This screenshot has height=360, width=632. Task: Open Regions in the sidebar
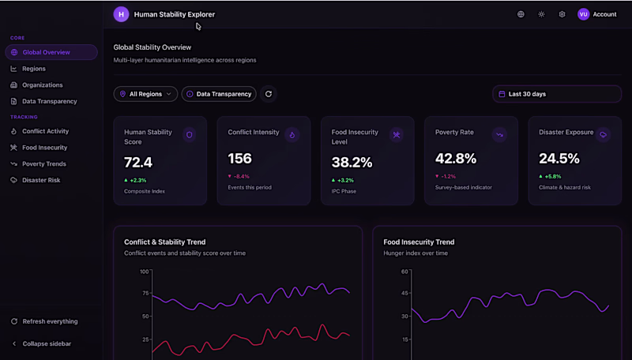[x=33, y=69]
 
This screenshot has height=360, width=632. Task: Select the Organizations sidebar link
[x=42, y=85]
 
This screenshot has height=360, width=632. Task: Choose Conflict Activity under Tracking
[x=45, y=131]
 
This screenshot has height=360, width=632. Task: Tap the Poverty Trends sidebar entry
[x=43, y=164]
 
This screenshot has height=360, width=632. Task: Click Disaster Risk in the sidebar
[x=41, y=180]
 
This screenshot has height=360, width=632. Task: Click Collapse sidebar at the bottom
[x=46, y=343]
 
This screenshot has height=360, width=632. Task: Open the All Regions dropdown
[x=145, y=94]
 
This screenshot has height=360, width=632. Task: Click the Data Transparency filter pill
[x=219, y=94]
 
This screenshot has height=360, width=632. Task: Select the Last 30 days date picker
[x=556, y=94]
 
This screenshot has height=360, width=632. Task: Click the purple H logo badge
[x=121, y=14]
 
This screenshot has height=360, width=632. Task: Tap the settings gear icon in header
[x=562, y=14]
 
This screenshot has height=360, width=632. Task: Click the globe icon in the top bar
[x=521, y=14]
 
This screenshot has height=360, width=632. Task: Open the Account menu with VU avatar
[x=597, y=14]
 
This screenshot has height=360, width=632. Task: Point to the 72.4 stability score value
[x=138, y=163]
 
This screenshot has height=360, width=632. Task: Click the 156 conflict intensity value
[x=239, y=159]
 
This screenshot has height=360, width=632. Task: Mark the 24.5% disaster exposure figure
[x=559, y=159]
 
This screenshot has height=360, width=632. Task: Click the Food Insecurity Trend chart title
[x=419, y=242]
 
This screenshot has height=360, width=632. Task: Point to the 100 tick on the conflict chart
[x=144, y=272]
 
